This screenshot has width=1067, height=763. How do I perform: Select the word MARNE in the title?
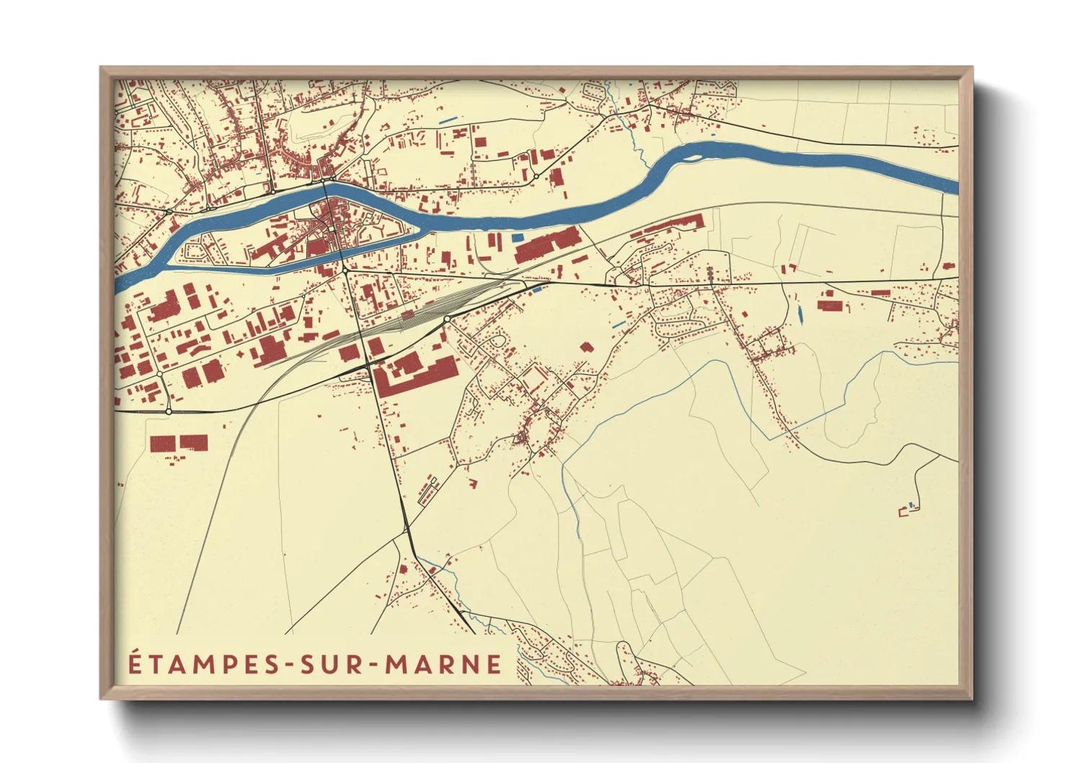point(443,664)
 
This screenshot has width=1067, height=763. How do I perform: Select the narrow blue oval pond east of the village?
point(800,314)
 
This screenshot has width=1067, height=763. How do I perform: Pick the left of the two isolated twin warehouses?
point(162,444)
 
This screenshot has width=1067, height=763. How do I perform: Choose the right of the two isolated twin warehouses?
point(193,442)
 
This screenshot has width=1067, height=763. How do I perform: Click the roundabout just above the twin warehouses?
point(168,411)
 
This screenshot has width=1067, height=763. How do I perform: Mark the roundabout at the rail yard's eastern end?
point(447,318)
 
